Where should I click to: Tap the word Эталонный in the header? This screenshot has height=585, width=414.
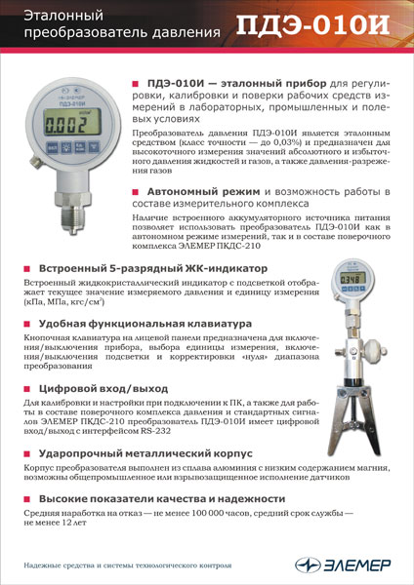coord(61,15)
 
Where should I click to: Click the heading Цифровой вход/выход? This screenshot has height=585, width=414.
coord(102,387)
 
